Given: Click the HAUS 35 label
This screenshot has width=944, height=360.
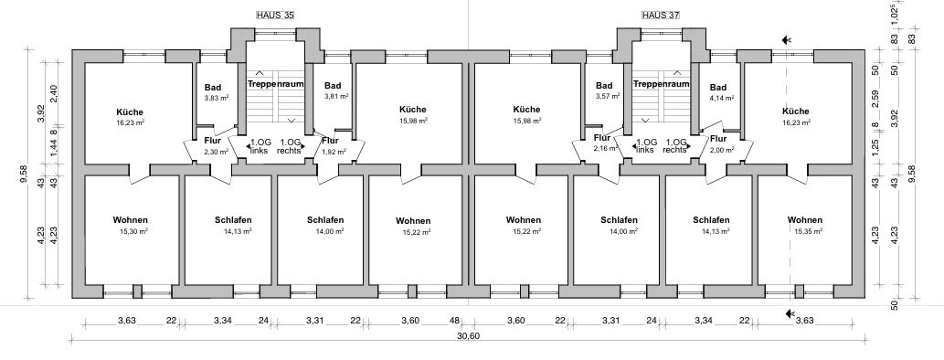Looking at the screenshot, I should [x=276, y=16].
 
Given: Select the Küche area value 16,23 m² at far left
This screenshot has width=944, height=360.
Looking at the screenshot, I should [x=131, y=122].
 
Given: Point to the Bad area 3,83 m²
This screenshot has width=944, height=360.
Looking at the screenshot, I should [x=215, y=98].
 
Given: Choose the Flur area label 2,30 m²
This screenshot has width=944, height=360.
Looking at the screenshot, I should [x=215, y=152].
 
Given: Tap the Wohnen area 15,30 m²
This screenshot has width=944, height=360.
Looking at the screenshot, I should [x=131, y=232].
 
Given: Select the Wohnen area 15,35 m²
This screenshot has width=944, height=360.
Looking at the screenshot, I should [x=805, y=232].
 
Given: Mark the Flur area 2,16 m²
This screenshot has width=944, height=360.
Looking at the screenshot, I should [x=603, y=147].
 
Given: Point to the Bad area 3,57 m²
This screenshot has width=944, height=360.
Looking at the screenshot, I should [x=603, y=96].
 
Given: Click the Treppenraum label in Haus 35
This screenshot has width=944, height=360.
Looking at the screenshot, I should [x=275, y=83].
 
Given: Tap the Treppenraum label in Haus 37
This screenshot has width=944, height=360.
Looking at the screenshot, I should [x=661, y=83].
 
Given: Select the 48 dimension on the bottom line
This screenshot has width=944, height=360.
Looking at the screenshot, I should [x=454, y=320].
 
